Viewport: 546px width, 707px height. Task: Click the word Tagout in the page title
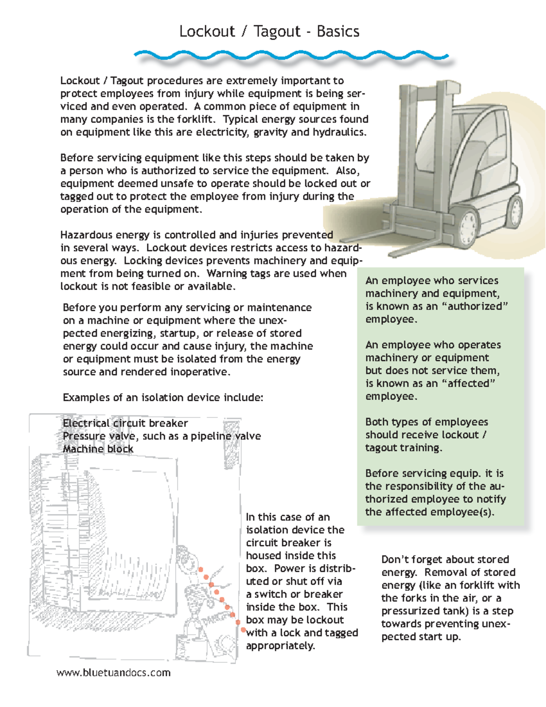[x=277, y=31]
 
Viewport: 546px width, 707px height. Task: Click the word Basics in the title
[x=338, y=31]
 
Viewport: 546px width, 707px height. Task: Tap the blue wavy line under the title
[x=291, y=56]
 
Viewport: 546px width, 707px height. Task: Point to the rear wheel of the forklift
[x=515, y=211]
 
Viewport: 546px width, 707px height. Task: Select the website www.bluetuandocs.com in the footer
[x=113, y=673]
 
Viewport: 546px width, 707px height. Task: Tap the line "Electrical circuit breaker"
[x=125, y=423]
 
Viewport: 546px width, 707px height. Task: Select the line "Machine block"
[x=98, y=449]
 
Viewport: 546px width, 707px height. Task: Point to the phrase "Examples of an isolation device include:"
[x=163, y=397]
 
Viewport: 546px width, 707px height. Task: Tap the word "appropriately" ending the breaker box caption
[x=280, y=646]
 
